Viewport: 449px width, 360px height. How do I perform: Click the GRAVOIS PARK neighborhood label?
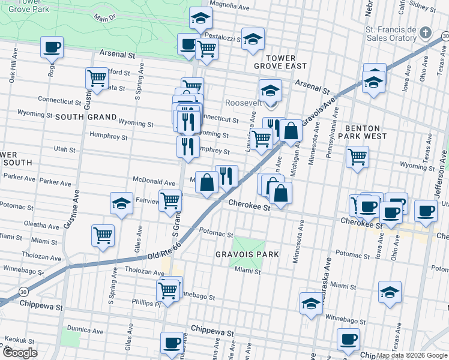(247, 254)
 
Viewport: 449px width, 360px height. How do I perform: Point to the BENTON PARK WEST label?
(362, 134)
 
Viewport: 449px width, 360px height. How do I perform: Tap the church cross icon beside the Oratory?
(426, 32)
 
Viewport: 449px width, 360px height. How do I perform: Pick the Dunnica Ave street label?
(86, 330)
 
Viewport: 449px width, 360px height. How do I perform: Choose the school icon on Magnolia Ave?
(200, 19)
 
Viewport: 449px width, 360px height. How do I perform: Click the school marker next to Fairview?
(121, 203)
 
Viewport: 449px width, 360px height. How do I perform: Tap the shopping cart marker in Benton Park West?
(357, 157)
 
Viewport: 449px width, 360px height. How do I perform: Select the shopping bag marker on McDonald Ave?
(206, 182)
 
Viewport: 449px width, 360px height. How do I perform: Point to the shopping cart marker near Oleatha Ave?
(103, 236)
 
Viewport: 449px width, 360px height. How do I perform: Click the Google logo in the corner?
(20, 353)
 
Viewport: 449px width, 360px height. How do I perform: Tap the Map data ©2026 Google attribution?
(411, 355)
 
